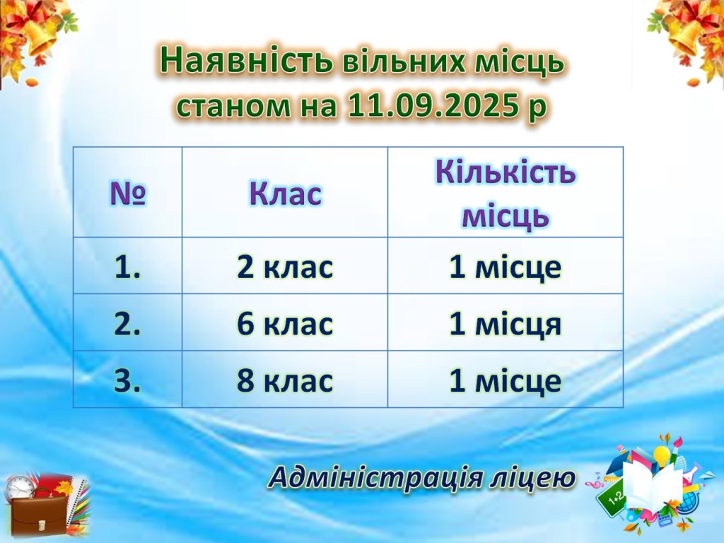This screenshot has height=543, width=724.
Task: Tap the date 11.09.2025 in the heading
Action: click(431, 106)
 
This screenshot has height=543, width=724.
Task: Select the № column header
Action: click(128, 193)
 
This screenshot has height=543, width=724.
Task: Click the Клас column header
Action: click(285, 193)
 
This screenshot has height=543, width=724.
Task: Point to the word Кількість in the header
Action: click(506, 172)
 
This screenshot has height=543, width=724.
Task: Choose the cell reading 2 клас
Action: click(285, 267)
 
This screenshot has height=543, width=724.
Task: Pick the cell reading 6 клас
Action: click(285, 323)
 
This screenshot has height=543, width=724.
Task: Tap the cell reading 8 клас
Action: click(285, 380)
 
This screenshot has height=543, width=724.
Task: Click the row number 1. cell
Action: click(127, 267)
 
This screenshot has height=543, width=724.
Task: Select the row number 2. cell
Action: click(127, 323)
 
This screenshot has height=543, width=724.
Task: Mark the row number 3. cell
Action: click(127, 380)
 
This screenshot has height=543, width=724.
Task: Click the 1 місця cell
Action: click(505, 323)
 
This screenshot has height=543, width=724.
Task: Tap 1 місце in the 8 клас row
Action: click(505, 380)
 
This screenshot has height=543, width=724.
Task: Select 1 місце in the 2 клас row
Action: click(505, 267)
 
